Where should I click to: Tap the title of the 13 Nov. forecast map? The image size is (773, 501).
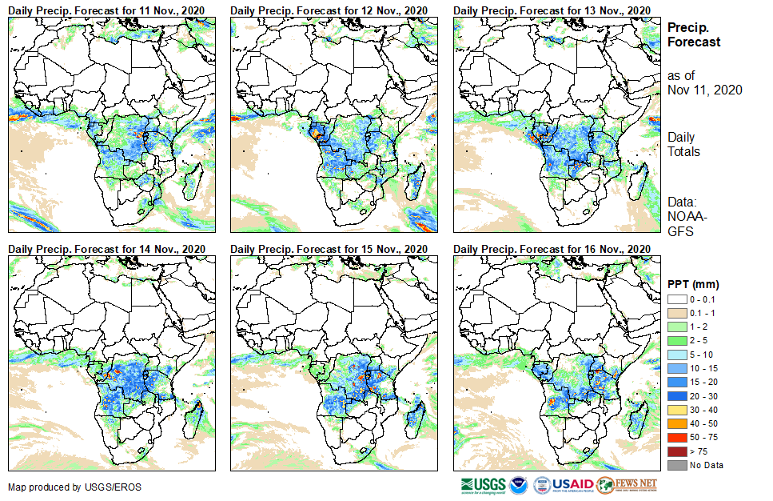point(552,10)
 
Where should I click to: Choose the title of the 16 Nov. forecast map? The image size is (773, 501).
point(552,249)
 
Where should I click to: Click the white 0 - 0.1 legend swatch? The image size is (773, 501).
point(676,299)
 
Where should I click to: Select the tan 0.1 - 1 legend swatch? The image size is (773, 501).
point(676,313)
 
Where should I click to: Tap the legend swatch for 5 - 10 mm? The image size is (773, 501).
point(676,355)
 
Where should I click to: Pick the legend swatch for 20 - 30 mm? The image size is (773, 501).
point(676,396)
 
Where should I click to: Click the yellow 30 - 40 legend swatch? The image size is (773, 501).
point(676,410)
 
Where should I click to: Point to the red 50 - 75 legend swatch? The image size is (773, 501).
point(676,438)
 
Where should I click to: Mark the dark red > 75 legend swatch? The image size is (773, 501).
point(676,451)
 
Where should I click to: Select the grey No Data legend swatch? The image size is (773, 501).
point(676,465)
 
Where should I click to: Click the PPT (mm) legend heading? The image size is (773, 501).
point(693,284)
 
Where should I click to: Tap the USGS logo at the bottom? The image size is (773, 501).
point(483,485)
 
